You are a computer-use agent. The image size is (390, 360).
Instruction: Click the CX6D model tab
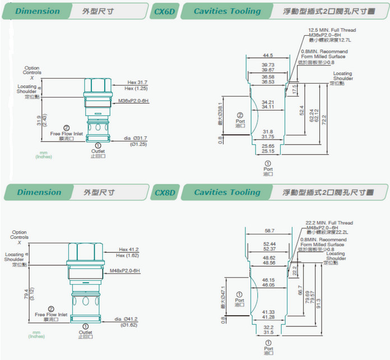[x=164, y=11]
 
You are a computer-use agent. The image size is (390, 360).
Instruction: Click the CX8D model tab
[x=164, y=193]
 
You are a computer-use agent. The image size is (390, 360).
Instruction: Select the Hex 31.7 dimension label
[x=137, y=82]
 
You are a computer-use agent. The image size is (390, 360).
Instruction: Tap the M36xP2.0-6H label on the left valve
[x=133, y=101]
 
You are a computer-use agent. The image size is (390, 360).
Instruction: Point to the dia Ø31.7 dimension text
[x=135, y=138]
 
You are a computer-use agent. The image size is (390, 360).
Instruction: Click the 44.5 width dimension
[x=268, y=56]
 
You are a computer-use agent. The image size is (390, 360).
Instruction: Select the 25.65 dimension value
[x=268, y=145]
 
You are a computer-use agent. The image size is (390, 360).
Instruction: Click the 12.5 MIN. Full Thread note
[x=332, y=30]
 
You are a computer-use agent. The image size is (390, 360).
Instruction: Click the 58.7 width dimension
[x=270, y=230]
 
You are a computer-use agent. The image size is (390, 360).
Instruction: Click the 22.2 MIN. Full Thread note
[x=329, y=223]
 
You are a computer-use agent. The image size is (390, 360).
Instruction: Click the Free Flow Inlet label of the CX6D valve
[x=67, y=134]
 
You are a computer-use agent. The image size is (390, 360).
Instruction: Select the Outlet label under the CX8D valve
[x=85, y=331]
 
